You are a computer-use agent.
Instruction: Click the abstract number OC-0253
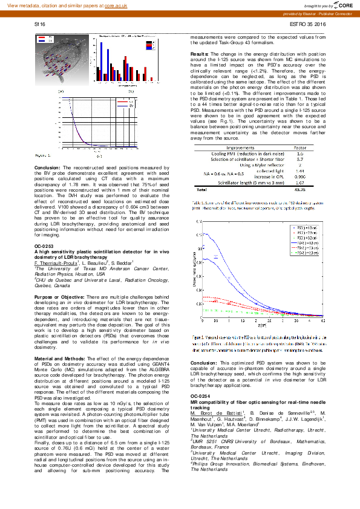[44, 247]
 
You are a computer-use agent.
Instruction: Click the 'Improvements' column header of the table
[240, 147]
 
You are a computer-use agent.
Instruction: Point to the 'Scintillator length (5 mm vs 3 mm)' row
[240, 182]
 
